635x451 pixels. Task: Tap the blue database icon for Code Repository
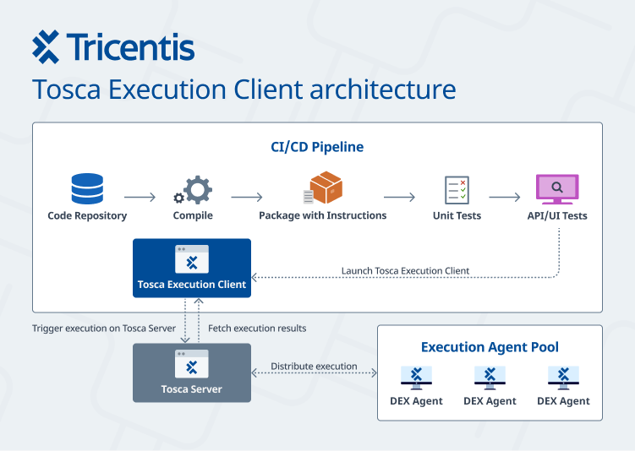[x=87, y=189]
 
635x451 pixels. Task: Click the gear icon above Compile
[x=194, y=189]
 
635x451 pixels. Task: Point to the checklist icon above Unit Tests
[x=457, y=189]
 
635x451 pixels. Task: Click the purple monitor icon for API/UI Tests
[x=557, y=189]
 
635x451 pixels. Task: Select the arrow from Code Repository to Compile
[x=140, y=198]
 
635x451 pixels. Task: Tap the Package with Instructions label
[x=322, y=215]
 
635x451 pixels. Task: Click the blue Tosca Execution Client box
[x=192, y=268]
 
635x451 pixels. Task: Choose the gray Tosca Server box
[x=192, y=372]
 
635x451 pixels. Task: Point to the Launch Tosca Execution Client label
[x=405, y=271]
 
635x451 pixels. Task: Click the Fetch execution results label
[x=257, y=328]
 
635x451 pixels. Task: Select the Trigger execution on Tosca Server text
[x=104, y=328]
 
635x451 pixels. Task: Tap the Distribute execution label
[x=314, y=367]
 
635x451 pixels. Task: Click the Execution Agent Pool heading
[x=490, y=347]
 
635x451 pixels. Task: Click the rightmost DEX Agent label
[x=563, y=401]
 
